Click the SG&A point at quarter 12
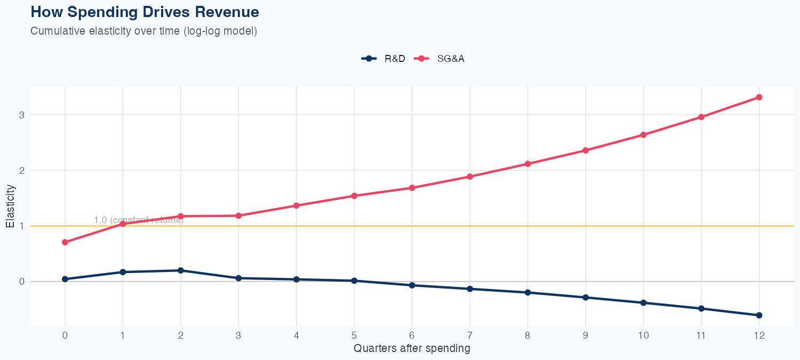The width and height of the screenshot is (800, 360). (759, 97)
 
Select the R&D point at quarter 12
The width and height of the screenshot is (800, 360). (759, 315)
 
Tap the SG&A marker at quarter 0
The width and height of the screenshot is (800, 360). (65, 242)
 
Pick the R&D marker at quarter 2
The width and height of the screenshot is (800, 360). (181, 270)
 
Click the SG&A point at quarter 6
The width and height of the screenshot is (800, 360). (412, 188)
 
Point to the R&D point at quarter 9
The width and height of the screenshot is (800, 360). (586, 297)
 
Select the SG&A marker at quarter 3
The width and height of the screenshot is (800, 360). (238, 215)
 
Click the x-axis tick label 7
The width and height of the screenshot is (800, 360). (470, 335)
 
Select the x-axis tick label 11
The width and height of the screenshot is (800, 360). (701, 335)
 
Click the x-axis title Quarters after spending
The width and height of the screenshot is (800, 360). (412, 348)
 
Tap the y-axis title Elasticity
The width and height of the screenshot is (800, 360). (10, 206)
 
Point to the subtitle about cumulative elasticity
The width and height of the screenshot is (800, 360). (144, 31)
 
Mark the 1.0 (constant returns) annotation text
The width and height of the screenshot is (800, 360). (139, 220)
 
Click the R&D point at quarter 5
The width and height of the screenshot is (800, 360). (354, 281)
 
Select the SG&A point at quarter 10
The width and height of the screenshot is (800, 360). (643, 135)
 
